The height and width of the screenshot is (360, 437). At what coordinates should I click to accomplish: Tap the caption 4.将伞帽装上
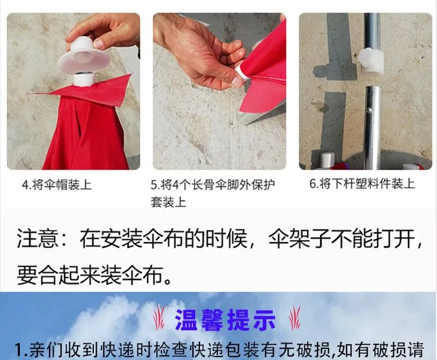tap(57, 185)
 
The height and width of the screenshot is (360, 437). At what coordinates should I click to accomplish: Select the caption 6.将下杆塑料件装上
tap(362, 183)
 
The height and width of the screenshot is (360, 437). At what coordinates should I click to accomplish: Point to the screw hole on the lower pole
tap(370, 110)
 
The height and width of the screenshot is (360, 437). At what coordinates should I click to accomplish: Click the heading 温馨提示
tap(225, 320)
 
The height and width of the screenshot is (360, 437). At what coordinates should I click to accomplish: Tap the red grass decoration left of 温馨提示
tap(159, 318)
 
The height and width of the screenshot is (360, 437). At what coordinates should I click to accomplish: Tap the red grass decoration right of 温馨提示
tap(295, 318)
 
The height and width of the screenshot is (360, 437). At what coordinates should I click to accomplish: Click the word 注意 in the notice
tap(37, 238)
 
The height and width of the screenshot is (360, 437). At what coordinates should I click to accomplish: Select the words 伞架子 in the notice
tap(299, 238)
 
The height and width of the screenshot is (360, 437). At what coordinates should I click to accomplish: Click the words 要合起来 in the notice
tap(58, 274)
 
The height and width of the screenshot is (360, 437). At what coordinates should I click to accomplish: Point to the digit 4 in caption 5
tap(176, 185)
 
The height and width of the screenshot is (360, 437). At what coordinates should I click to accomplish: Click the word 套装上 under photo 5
tap(168, 202)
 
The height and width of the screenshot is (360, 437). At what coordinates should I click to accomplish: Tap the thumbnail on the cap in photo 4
tap(98, 44)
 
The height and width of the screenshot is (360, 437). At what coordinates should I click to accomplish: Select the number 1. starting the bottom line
tap(21, 350)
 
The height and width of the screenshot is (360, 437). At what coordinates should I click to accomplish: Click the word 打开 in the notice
tap(394, 238)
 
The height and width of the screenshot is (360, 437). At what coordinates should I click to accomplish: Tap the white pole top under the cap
tap(83, 79)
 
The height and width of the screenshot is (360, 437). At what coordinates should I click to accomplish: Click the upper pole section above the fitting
tap(372, 31)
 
